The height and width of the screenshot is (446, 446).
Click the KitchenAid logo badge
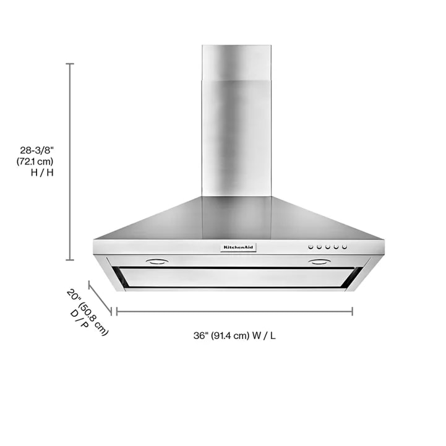pyautogui.click(x=238, y=247)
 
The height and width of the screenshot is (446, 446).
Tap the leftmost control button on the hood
pyautogui.click(x=311, y=247)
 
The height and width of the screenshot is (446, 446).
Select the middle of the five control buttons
pyautogui.click(x=328, y=247)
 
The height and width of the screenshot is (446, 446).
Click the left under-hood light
pyautogui.click(x=157, y=262)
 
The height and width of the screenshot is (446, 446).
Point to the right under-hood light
pyautogui.click(x=319, y=262)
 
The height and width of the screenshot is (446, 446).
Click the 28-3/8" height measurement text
pyautogui.click(x=36, y=150)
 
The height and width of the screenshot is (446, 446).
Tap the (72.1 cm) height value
pyautogui.click(x=35, y=161)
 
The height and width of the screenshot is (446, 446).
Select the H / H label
pyautogui.click(x=42, y=173)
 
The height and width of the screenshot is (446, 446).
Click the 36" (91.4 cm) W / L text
pyautogui.click(x=234, y=336)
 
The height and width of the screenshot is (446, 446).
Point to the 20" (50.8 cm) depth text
pyautogui.click(x=88, y=312)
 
